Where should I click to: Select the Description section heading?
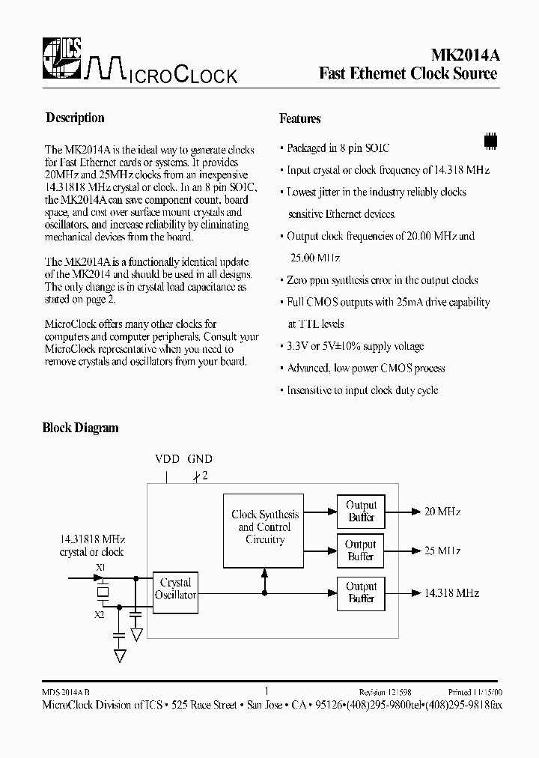[75, 118]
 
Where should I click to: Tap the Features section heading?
[299, 118]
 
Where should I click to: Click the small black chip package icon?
[490, 141]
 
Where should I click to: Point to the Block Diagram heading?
[80, 428]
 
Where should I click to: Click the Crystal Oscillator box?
[175, 589]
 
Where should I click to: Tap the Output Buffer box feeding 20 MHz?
[361, 512]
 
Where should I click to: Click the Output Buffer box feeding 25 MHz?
[361, 551]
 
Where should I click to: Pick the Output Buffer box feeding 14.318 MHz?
[361, 592]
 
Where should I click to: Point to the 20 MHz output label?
[442, 512]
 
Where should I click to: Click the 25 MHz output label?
[442, 551]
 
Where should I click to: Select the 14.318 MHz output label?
[451, 592]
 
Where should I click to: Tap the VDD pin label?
[167, 459]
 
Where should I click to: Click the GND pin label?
[200, 459]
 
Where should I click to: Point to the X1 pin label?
[100, 568]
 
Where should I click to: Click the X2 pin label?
[100, 614]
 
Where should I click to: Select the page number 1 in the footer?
[267, 691]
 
